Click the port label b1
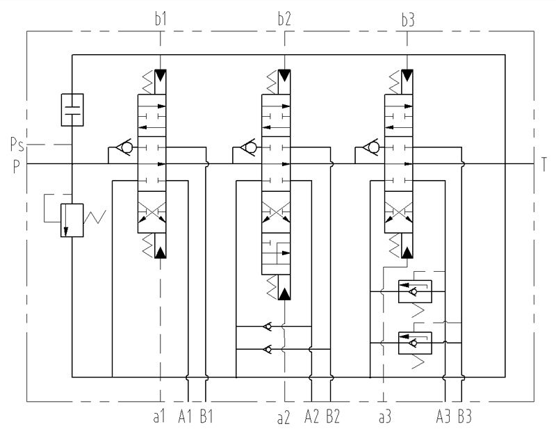(161, 19)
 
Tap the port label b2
(284, 19)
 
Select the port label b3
(408, 20)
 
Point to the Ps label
(17, 145)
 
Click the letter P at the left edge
(16, 166)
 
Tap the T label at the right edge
(544, 164)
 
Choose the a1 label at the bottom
(159, 417)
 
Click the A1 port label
(185, 416)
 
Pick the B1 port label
(206, 416)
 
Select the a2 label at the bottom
(284, 418)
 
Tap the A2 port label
(312, 416)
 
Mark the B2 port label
(333, 416)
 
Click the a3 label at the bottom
(385, 417)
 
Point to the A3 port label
(443, 416)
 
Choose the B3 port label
(465, 416)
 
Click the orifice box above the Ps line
(72, 110)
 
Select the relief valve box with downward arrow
(72, 220)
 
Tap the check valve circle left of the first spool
(126, 147)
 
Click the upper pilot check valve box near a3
(415, 291)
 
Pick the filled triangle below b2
(284, 76)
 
